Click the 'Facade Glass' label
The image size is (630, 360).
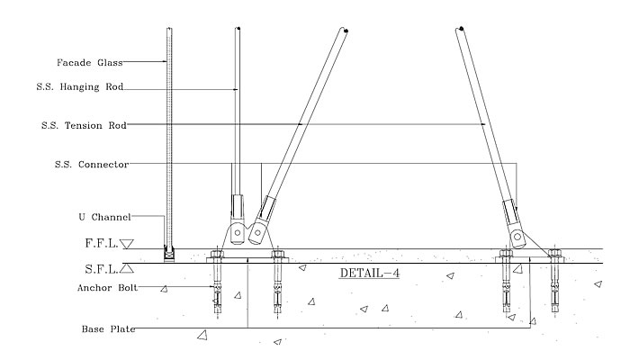tap(89, 62)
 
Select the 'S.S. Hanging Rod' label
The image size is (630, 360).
tap(79, 86)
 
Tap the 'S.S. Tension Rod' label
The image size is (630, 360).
tap(84, 125)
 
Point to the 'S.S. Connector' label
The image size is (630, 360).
tap(92, 165)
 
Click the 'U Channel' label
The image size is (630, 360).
tap(105, 217)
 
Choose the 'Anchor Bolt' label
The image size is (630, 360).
tap(107, 288)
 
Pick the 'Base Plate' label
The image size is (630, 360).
tap(108, 329)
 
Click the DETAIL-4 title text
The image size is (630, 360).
tap(370, 274)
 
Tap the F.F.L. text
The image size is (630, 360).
tap(102, 243)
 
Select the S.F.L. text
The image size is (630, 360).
tap(102, 269)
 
